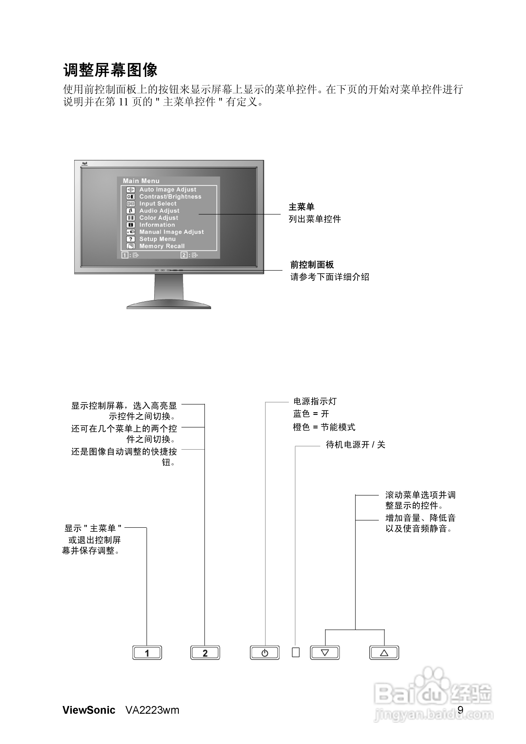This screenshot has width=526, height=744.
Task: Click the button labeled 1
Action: click(x=147, y=653)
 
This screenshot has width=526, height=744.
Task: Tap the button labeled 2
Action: click(x=205, y=653)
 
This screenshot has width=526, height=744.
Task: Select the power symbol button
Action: click(x=265, y=653)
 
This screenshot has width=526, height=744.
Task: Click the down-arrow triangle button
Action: click(x=325, y=653)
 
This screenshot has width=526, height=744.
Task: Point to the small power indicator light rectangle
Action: click(x=296, y=652)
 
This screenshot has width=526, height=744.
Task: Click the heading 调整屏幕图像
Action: click(x=110, y=70)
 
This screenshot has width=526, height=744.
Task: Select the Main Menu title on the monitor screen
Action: click(x=141, y=181)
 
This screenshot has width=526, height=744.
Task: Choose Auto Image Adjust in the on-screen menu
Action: click(x=168, y=190)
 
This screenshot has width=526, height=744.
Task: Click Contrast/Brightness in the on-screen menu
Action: click(x=170, y=197)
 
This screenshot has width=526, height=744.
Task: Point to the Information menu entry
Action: click(x=157, y=225)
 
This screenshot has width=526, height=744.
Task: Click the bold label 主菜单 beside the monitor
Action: click(x=301, y=207)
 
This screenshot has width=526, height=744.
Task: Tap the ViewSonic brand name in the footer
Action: click(x=89, y=710)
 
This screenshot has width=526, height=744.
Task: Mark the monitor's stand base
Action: click(x=169, y=305)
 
